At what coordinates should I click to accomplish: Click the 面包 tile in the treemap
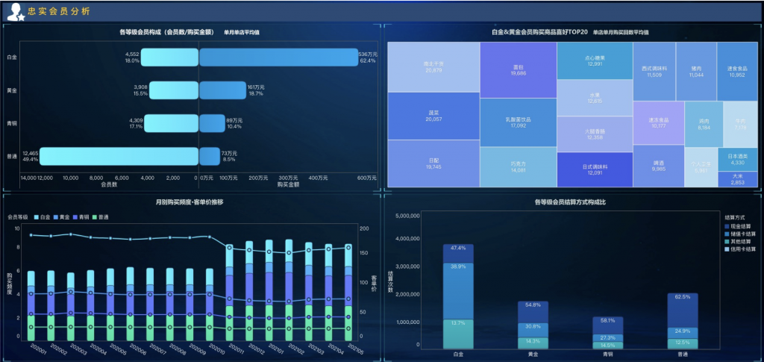coord(519,69)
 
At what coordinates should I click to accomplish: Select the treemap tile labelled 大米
coord(737,179)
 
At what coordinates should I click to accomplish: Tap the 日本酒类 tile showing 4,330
coord(737,159)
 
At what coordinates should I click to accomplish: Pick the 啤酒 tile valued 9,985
coord(658,166)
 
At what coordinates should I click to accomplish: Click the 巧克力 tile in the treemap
coord(519,166)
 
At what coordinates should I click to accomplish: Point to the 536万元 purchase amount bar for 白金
coord(278,57)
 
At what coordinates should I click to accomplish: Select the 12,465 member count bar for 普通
coord(119,156)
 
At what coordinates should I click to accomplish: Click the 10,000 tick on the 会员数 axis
coord(72,178)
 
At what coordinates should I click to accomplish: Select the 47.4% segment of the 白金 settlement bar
coord(458,253)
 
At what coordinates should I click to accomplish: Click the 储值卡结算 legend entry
coord(742,234)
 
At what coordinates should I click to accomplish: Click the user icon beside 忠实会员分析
coord(15,12)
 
